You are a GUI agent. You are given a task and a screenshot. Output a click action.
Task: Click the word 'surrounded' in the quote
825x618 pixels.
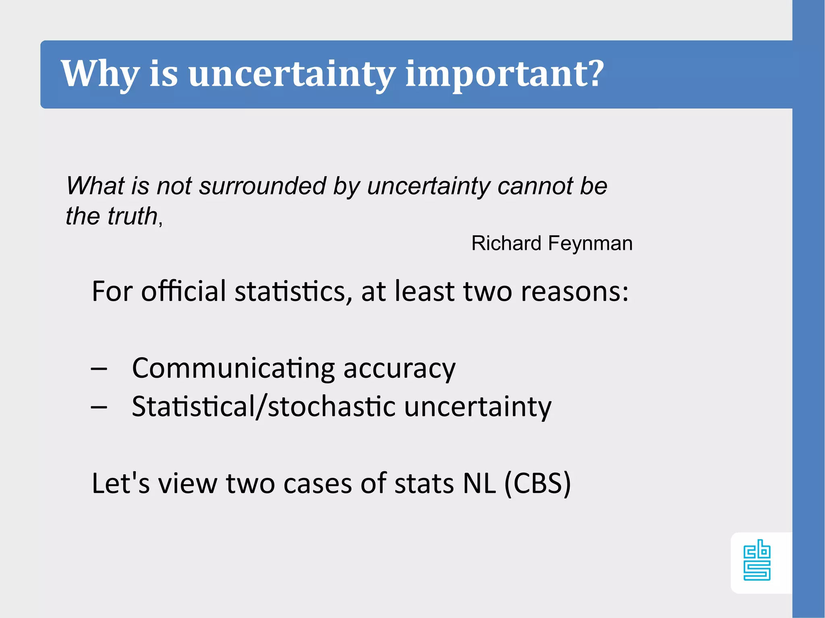[x=262, y=186]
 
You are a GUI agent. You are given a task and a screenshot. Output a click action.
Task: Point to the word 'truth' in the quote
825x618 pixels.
[x=133, y=216]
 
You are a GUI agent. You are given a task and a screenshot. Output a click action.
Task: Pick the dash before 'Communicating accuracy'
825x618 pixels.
[x=99, y=368]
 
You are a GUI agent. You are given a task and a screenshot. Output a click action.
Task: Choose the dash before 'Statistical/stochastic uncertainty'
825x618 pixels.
[x=99, y=407]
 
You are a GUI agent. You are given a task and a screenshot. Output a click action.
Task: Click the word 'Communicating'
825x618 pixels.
[x=233, y=369]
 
